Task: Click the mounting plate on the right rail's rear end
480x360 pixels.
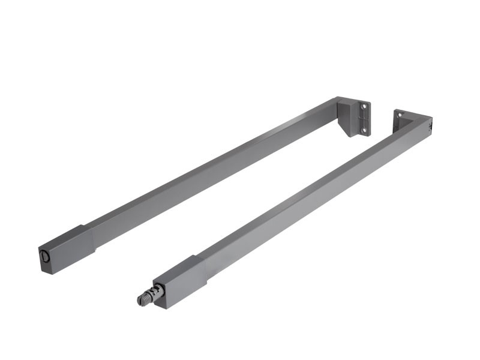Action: tap(399, 119)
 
